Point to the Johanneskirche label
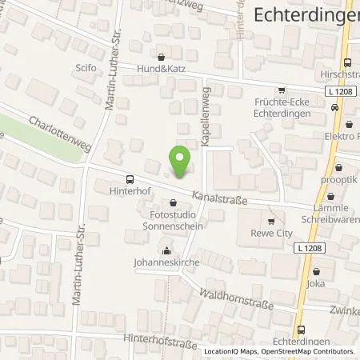[166, 261]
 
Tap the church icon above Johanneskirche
[166, 248]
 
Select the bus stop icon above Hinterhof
[130, 178]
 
